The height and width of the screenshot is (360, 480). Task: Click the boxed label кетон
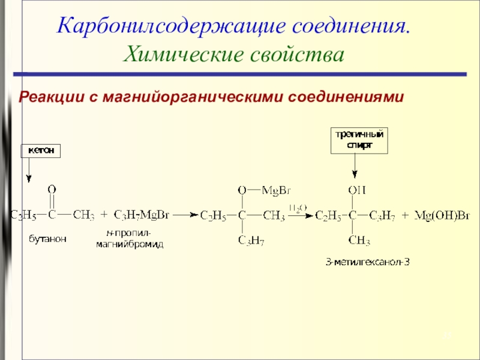(41, 151)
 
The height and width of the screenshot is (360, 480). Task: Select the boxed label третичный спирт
(358, 140)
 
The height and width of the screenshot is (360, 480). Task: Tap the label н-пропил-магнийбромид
(130, 239)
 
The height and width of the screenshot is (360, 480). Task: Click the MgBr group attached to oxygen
(277, 190)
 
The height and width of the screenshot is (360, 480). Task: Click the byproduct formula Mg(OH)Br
(436, 214)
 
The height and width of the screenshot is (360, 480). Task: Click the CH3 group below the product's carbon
(359, 241)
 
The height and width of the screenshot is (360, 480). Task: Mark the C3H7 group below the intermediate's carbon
(251, 241)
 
